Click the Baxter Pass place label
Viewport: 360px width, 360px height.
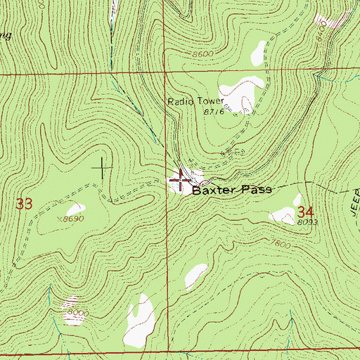tap(231, 190)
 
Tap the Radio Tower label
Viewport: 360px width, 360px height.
tap(194, 101)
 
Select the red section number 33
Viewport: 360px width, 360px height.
tap(25, 204)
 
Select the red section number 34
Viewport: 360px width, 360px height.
tap(304, 212)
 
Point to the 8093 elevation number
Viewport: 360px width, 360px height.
tap(304, 222)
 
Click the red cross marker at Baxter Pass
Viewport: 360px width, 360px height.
tap(180, 181)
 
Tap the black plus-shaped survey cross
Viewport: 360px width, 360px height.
tap(102, 167)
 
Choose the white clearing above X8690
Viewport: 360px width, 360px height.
tap(74, 209)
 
